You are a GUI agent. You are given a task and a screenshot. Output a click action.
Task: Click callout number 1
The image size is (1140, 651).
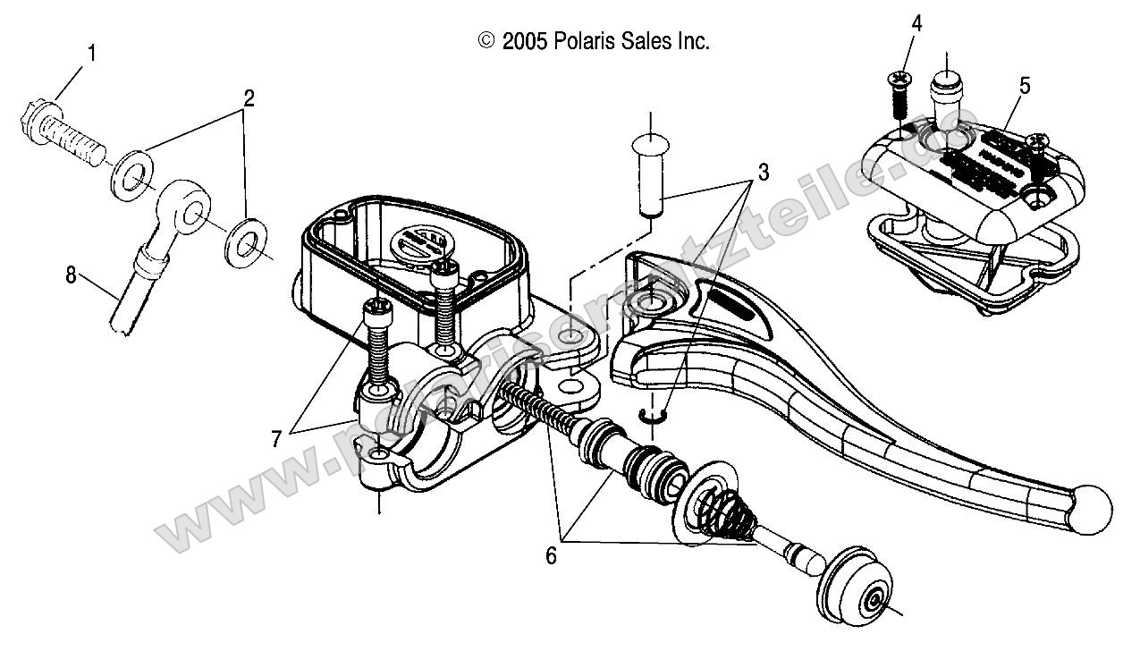(90, 54)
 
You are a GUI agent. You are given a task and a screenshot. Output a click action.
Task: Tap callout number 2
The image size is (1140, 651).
(249, 98)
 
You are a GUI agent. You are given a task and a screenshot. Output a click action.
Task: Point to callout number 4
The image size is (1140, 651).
(916, 21)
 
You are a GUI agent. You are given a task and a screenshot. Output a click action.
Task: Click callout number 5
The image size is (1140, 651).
(1025, 86)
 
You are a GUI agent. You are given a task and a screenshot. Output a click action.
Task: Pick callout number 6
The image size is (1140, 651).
(551, 556)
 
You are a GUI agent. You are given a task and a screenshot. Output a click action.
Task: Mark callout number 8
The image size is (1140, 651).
(71, 276)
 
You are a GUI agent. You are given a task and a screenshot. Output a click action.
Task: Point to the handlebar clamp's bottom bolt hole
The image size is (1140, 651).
(380, 457)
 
